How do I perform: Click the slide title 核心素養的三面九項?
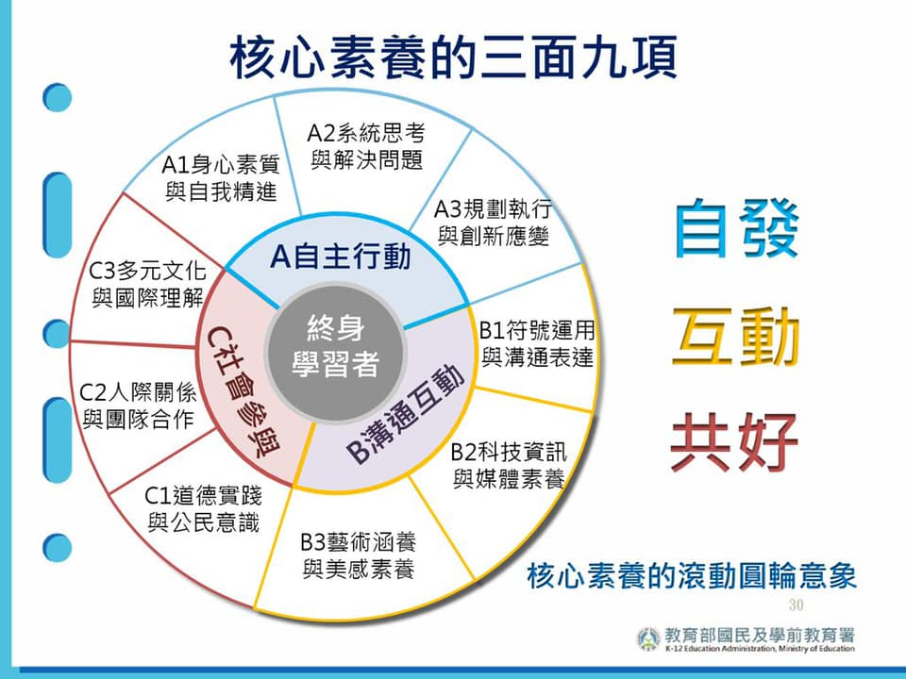pos(453,57)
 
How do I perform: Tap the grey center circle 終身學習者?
pos(336,353)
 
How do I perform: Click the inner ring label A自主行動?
pos(341,257)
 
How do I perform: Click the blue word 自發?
pos(736,228)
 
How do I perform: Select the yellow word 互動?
pos(736,338)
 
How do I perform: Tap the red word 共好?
pos(734,442)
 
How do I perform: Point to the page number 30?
pos(796,604)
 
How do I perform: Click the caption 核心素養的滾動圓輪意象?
pos(692,575)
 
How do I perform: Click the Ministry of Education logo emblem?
pos(648,639)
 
